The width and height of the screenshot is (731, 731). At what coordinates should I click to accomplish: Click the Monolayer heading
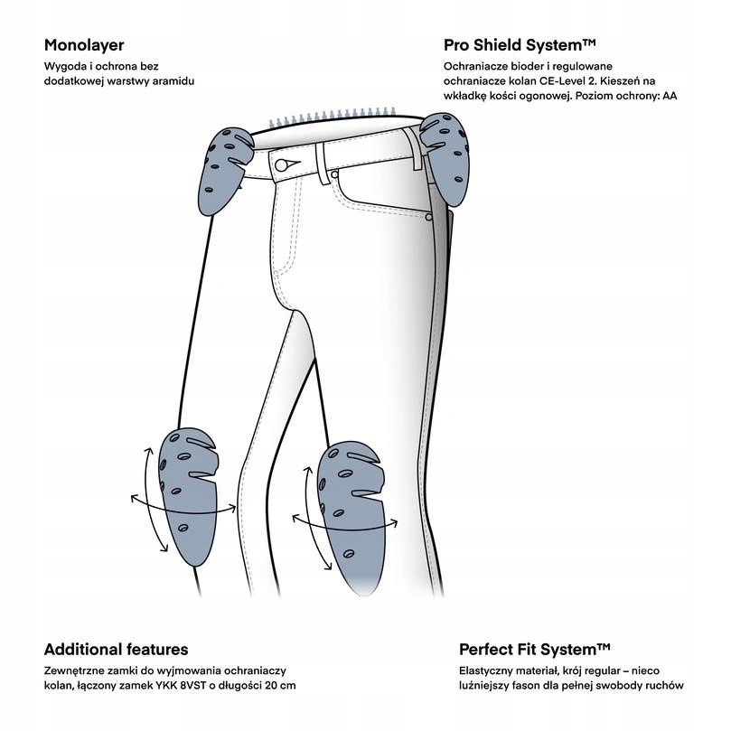pyautogui.click(x=84, y=46)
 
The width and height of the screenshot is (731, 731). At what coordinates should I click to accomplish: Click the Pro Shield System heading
pyautogui.click(x=520, y=45)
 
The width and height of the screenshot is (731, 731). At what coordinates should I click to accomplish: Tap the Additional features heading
pyautogui.click(x=116, y=650)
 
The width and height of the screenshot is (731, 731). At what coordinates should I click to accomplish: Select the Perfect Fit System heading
pyautogui.click(x=535, y=650)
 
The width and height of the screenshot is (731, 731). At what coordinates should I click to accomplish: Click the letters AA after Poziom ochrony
pyautogui.click(x=670, y=96)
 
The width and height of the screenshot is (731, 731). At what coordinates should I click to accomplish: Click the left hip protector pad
pyautogui.click(x=225, y=171)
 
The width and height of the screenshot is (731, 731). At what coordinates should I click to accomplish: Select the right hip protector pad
pyautogui.click(x=444, y=157)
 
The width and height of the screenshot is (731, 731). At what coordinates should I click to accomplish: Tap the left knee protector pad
pyautogui.click(x=188, y=495)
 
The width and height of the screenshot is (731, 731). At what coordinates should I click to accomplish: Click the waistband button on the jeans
pyautogui.click(x=281, y=165)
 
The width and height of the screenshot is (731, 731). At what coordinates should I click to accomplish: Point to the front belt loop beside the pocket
pyautogui.click(x=323, y=164)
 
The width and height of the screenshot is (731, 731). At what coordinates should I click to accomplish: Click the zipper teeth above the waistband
pyautogui.click(x=333, y=116)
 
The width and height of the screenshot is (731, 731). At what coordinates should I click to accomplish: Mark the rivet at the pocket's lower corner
pyautogui.click(x=429, y=217)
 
